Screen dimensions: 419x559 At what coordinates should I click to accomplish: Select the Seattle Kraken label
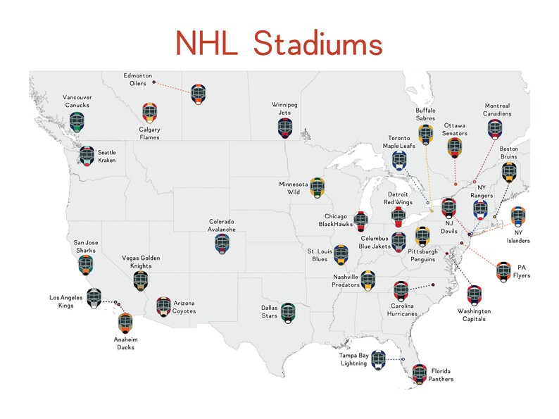pyautogui.click(x=107, y=156)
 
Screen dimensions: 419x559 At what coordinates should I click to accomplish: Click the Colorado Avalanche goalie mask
pyautogui.click(x=222, y=244)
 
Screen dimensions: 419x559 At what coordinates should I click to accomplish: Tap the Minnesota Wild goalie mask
pyautogui.click(x=318, y=187)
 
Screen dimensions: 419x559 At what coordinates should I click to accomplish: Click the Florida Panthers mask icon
pyautogui.click(x=420, y=373)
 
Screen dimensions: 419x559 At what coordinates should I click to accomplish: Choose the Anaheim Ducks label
pyautogui.click(x=126, y=343)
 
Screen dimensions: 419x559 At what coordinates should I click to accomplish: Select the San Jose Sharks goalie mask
pyautogui.click(x=86, y=265)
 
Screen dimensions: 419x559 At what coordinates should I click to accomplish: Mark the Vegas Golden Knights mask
pyautogui.click(x=141, y=280)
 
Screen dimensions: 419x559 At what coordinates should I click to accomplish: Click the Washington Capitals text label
pyautogui.click(x=474, y=314)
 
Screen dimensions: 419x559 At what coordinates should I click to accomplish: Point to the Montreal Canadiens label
pyautogui.click(x=497, y=110)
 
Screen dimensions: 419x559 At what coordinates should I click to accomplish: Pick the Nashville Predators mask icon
pyautogui.click(x=367, y=280)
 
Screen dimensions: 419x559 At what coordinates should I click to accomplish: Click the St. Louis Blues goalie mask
pyautogui.click(x=341, y=254)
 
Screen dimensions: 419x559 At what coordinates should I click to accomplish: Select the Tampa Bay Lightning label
pyautogui.click(x=353, y=360)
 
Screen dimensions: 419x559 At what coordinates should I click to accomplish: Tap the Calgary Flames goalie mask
pyautogui.click(x=149, y=113)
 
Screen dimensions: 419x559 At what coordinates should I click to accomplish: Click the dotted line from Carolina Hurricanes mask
pyautogui.click(x=420, y=287)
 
